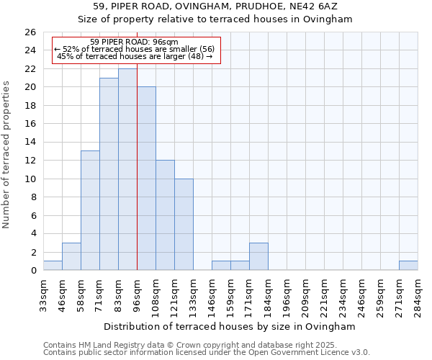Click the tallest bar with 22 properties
tap(127, 169)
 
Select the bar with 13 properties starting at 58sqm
tap(90, 210)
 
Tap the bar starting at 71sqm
tap(109, 174)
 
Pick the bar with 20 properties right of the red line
tap(146, 179)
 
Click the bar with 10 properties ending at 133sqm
tap(184, 224)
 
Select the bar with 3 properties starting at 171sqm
tap(258, 256)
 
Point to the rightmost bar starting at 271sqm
tap(408, 265)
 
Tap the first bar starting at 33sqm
tap(53, 265)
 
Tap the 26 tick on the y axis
tap(30, 32)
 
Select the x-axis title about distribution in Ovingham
tap(230, 326)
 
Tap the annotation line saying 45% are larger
tap(135, 56)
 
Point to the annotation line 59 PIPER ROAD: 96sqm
tap(135, 42)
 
